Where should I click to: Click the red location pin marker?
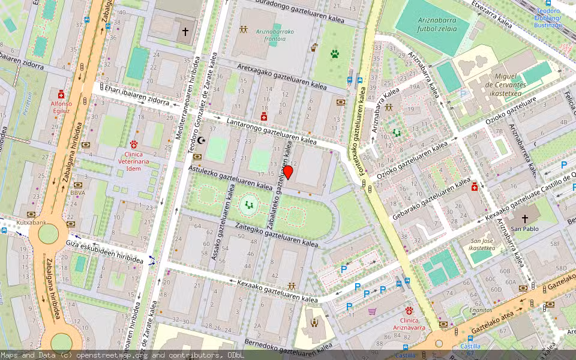tap(288, 172)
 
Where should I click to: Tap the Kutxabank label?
tap(31, 223)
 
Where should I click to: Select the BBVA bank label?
tap(77, 193)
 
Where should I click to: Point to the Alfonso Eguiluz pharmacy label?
tap(61, 107)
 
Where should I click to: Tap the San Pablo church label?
tap(525, 229)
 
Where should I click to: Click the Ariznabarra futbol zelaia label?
tap(436, 23)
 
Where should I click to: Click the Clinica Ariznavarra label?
tap(409, 325)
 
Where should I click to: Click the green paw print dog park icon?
tap(334, 53)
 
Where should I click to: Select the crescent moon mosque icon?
tap(202, 140)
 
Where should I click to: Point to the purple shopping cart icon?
tap(373, 311)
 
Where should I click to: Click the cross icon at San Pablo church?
tap(525, 218)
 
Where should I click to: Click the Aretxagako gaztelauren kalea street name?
tap(281, 77)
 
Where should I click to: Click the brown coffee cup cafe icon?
tap(314, 47)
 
